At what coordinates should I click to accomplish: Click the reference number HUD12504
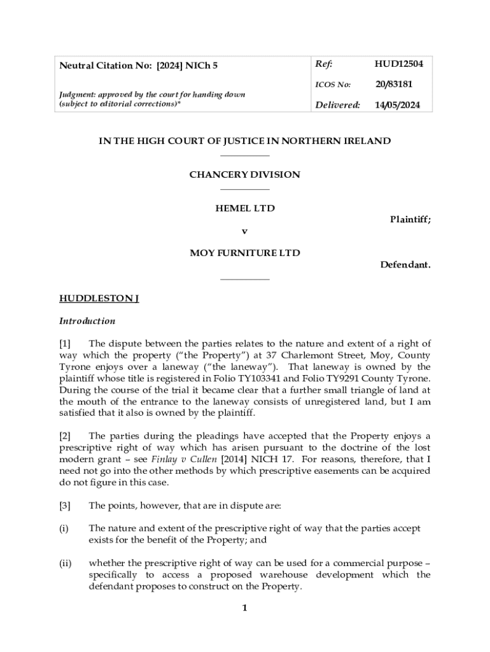(398, 64)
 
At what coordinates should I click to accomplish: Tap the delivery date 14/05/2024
(397, 105)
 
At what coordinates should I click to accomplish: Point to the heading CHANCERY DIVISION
(244, 174)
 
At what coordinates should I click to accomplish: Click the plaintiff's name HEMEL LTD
(244, 208)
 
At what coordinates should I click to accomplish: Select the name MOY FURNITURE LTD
(244, 253)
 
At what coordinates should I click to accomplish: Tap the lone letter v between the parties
(244, 230)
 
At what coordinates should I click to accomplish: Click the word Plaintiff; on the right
(410, 220)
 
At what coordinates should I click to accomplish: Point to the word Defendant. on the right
(405, 264)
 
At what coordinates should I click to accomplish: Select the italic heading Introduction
(87, 321)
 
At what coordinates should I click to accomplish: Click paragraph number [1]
(66, 344)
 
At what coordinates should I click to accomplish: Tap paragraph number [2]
(66, 436)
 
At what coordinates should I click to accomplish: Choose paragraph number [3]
(66, 505)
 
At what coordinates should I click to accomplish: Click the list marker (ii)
(65, 563)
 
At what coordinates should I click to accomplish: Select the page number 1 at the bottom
(244, 608)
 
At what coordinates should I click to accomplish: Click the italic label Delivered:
(337, 105)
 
